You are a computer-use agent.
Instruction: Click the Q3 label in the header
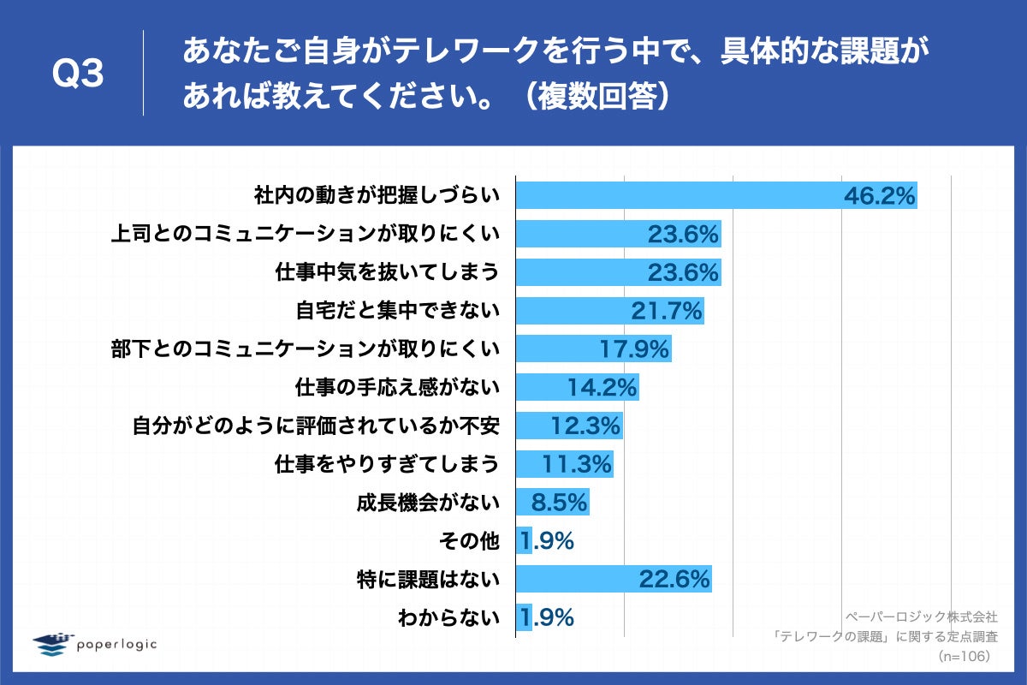click(78, 74)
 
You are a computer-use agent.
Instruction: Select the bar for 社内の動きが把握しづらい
click(676, 195)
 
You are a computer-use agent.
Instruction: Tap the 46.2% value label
click(880, 196)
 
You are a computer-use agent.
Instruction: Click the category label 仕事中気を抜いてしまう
click(387, 272)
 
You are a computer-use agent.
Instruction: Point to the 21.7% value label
click(667, 311)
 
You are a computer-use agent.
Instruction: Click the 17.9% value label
click(633, 349)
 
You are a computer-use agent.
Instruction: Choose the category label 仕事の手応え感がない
click(387, 388)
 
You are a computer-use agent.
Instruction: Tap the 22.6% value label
click(674, 580)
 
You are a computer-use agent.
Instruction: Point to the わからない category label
click(448, 617)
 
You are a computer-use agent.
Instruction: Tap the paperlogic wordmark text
click(116, 644)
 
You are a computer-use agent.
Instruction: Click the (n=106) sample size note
click(964, 656)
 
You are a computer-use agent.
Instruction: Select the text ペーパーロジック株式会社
click(922, 616)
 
